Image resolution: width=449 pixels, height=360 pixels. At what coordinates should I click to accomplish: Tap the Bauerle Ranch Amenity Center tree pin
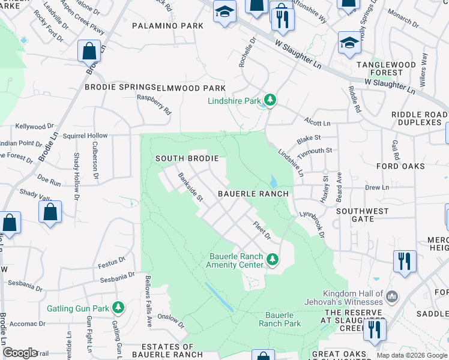tap(273, 259)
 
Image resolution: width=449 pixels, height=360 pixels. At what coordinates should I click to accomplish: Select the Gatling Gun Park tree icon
tap(118, 308)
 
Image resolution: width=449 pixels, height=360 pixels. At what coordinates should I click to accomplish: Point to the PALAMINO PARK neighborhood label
tap(168, 26)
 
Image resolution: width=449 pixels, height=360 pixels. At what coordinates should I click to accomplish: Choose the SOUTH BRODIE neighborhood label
tap(185, 158)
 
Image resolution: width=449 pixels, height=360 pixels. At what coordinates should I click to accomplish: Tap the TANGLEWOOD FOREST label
tap(386, 68)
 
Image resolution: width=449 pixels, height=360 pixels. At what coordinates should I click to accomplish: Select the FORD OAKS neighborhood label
tap(400, 166)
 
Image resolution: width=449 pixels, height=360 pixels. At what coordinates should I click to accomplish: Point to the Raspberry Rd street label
tap(154, 104)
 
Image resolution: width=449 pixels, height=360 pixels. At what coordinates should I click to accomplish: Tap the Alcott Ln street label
tap(318, 122)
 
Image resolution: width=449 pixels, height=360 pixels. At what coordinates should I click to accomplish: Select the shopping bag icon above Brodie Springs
tap(89, 52)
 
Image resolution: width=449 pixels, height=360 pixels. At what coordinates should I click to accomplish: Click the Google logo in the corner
tap(20, 353)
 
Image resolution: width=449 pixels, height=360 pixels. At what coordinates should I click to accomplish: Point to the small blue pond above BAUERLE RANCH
tap(274, 181)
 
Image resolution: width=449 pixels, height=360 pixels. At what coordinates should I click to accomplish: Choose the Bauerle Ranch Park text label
tap(280, 319)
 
